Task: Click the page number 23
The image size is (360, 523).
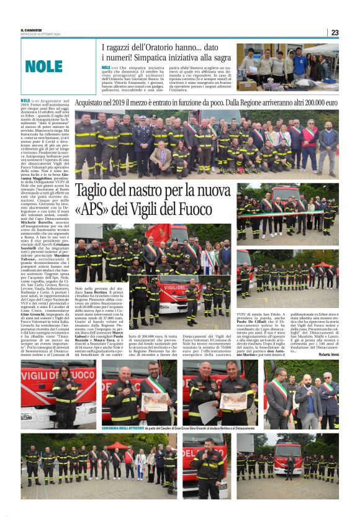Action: pos(334,32)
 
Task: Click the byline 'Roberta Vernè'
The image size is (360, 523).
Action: pos(328,355)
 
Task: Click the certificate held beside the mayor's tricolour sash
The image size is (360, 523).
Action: pos(155,401)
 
